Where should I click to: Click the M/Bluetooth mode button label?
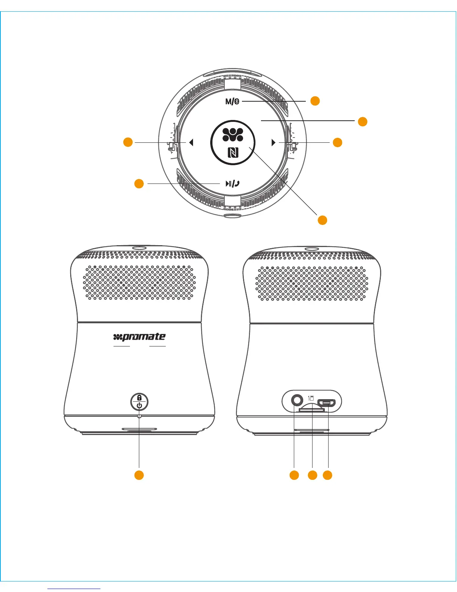pyautogui.click(x=232, y=101)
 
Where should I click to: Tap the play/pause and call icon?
pyautogui.click(x=232, y=184)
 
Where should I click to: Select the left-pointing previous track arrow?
pyautogui.click(x=191, y=142)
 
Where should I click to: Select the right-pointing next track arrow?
pyautogui.click(x=274, y=142)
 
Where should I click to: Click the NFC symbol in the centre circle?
pyautogui.click(x=233, y=152)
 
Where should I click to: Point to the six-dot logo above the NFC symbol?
pyautogui.click(x=233, y=135)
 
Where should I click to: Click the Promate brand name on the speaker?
pyautogui.click(x=139, y=337)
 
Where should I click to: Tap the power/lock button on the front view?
pyautogui.click(x=139, y=402)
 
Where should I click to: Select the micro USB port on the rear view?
pyautogui.click(x=326, y=403)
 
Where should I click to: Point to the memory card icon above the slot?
pyautogui.click(x=311, y=398)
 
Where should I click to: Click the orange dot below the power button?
pyautogui.click(x=139, y=475)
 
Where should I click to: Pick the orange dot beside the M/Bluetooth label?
pyautogui.click(x=315, y=101)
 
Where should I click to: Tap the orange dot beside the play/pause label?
pyautogui.click(x=139, y=184)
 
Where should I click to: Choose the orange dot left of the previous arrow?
pyautogui.click(x=128, y=142)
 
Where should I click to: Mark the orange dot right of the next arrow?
pyautogui.click(x=338, y=142)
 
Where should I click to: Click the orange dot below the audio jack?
pyautogui.click(x=294, y=475)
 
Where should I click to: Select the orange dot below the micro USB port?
pyautogui.click(x=327, y=475)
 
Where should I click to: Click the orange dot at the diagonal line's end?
pyautogui.click(x=322, y=220)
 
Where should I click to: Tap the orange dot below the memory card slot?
pyautogui.click(x=312, y=475)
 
